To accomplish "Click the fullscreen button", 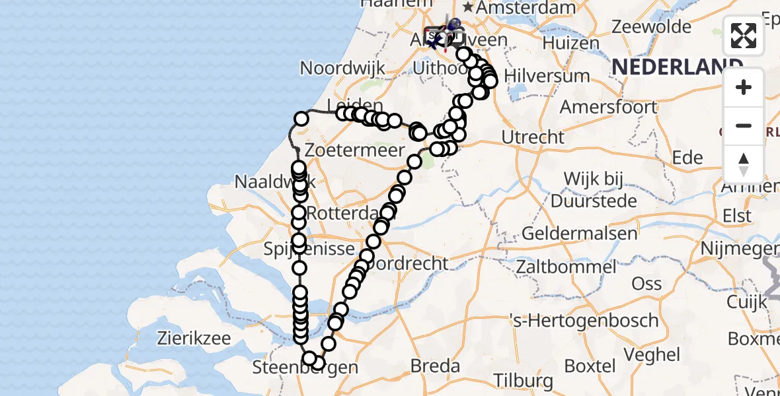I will (x=744, y=36).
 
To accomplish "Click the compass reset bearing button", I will (x=744, y=164).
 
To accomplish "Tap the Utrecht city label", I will (x=533, y=137).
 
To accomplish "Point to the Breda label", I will (x=435, y=365).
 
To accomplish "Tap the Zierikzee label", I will (x=194, y=339).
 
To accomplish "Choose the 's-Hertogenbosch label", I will (x=584, y=321).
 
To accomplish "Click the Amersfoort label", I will (x=608, y=106).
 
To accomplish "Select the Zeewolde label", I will (x=651, y=27).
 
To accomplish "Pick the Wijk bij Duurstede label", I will (x=600, y=189).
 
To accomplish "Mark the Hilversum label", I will (x=547, y=76).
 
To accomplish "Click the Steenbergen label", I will (x=305, y=368).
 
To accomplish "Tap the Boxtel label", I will (x=590, y=365).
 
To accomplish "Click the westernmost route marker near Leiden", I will (x=301, y=119).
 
